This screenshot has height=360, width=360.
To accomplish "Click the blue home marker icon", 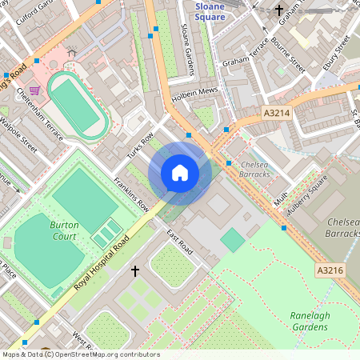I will [x=180, y=173].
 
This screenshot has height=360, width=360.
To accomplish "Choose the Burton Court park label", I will [x=64, y=231].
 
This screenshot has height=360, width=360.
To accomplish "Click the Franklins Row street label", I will [x=131, y=194].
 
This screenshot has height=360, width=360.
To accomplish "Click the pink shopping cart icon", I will [x=34, y=90].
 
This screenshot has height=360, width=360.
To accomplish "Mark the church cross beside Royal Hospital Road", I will [x=134, y=271].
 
